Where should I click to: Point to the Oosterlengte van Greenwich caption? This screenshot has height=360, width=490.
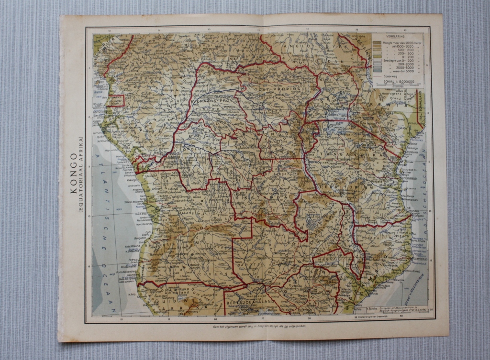tap(380, 315)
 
